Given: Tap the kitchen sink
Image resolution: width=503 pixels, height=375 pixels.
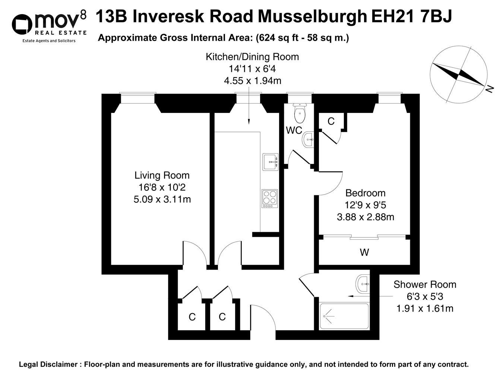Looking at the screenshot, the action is click(x=271, y=162).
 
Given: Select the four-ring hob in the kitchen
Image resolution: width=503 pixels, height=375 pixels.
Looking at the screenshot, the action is click(x=270, y=199).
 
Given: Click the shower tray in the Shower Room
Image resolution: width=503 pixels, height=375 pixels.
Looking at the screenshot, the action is click(x=344, y=316).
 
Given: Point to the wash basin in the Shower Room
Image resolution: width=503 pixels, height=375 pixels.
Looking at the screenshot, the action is click(x=363, y=284).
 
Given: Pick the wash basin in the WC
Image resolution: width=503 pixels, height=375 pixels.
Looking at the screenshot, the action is click(x=308, y=139).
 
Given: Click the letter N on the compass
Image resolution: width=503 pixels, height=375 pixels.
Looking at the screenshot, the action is click(x=490, y=89).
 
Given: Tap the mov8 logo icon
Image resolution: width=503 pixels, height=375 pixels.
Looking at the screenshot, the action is click(x=22, y=24).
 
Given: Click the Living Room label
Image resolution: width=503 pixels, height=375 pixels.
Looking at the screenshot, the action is click(x=162, y=175).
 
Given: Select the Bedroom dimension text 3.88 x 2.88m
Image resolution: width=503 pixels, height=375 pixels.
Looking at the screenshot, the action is click(x=366, y=217).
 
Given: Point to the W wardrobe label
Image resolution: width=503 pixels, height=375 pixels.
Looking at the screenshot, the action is click(x=364, y=252).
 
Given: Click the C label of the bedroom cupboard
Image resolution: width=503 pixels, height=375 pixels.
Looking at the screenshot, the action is click(x=331, y=122).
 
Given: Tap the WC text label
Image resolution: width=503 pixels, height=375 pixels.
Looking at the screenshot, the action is click(x=294, y=130).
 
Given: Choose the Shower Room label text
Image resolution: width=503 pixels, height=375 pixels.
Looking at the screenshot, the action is click(x=425, y=284).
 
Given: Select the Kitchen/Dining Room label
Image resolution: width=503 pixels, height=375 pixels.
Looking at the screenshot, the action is click(x=252, y=57).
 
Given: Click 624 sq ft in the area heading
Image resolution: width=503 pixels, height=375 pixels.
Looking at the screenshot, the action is click(x=277, y=38).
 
